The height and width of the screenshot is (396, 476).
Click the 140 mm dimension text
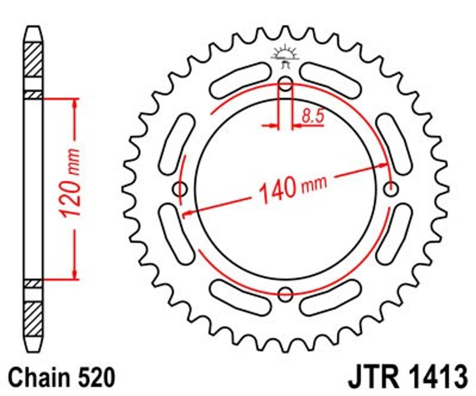point(293,189)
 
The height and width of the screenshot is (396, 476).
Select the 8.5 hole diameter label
point(313,116)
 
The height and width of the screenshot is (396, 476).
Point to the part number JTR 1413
point(408,377)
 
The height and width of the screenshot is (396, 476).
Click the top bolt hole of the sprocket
point(285,84)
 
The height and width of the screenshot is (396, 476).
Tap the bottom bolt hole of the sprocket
point(285,294)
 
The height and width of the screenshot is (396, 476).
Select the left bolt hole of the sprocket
point(180,189)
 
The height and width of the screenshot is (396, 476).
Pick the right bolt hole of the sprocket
point(391,189)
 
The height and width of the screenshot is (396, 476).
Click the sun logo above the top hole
point(285,56)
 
